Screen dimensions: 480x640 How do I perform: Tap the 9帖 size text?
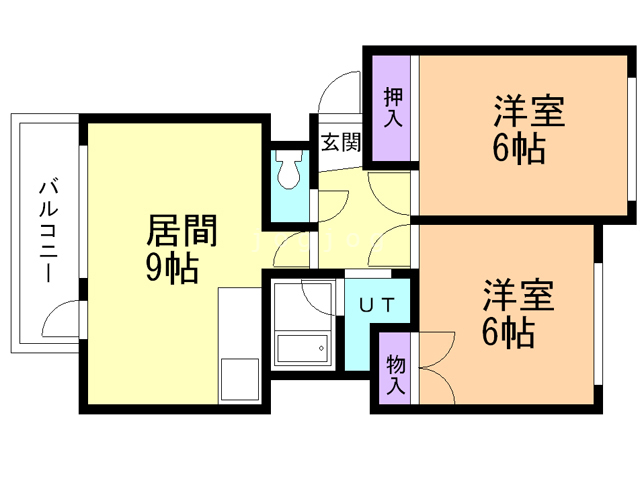click(x=172, y=268)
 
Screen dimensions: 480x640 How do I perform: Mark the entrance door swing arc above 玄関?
click(x=336, y=96)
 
